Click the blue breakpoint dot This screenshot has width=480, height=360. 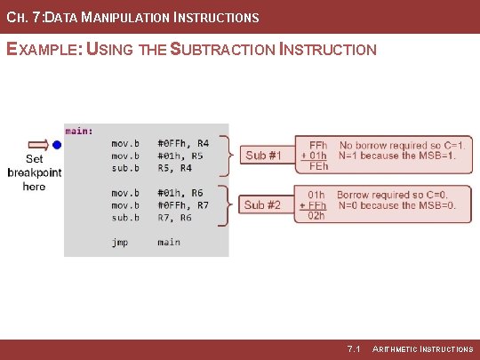pyautogui.click(x=57, y=143)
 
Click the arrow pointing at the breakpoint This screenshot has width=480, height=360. pyautogui.click(x=39, y=143)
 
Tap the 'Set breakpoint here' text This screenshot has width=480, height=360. pyautogui.click(x=34, y=172)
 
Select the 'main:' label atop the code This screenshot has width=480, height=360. pyautogui.click(x=78, y=131)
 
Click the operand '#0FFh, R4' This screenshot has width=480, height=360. pyautogui.click(x=183, y=142)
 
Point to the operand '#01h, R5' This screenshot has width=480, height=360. pyautogui.click(x=180, y=155)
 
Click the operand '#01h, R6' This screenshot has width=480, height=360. pyautogui.click(x=180, y=192)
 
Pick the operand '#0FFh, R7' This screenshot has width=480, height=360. pyautogui.click(x=183, y=204)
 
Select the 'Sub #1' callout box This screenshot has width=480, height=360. pyautogui.click(x=263, y=156)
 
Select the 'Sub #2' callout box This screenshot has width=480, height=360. pyautogui.click(x=263, y=205)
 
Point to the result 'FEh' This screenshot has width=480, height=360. pyautogui.click(x=317, y=166)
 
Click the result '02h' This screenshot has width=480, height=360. pyautogui.click(x=317, y=216)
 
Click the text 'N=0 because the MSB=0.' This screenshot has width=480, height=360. pyautogui.click(x=397, y=205)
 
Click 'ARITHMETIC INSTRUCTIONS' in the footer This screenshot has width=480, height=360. pyautogui.click(x=422, y=348)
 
